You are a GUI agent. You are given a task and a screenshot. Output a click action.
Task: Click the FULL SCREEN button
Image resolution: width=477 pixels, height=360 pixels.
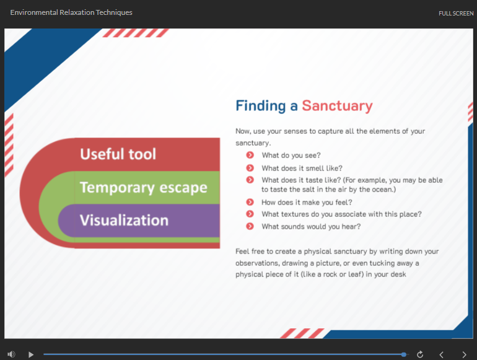[456, 14]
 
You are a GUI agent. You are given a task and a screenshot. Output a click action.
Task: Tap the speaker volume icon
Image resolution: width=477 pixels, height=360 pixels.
[11, 354]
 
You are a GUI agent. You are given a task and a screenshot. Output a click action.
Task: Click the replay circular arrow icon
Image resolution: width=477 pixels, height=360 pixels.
[420, 354]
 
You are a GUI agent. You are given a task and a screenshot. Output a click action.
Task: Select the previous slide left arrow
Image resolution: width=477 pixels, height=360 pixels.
[442, 354]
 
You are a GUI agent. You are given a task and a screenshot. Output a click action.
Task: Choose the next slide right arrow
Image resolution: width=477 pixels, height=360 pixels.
[464, 354]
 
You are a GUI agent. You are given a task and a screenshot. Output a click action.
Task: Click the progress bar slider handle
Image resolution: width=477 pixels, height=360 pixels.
[404, 354]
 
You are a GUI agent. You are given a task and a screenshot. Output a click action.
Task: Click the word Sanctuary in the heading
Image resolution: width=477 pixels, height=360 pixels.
[337, 106]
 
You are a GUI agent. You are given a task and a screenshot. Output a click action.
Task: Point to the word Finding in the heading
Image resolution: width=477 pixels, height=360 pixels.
[261, 106]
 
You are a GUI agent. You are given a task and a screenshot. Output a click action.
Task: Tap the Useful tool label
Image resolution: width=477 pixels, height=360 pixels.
[118, 154]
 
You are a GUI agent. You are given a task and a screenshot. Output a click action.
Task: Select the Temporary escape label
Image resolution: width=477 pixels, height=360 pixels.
[144, 188]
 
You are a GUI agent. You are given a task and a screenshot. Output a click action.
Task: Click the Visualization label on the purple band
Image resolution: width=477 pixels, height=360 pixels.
[124, 220]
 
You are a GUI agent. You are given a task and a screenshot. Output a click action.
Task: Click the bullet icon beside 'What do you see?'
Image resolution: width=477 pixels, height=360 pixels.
[250, 155]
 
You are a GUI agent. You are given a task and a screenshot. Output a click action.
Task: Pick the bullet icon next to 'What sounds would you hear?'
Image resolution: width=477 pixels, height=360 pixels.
[250, 226]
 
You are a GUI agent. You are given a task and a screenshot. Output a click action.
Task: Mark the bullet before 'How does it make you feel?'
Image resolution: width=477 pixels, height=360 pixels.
[250, 202]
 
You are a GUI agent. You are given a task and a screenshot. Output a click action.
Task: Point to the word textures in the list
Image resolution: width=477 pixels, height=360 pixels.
[294, 214]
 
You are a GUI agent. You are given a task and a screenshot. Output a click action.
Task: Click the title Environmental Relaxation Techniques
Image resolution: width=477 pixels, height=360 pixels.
[71, 12]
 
